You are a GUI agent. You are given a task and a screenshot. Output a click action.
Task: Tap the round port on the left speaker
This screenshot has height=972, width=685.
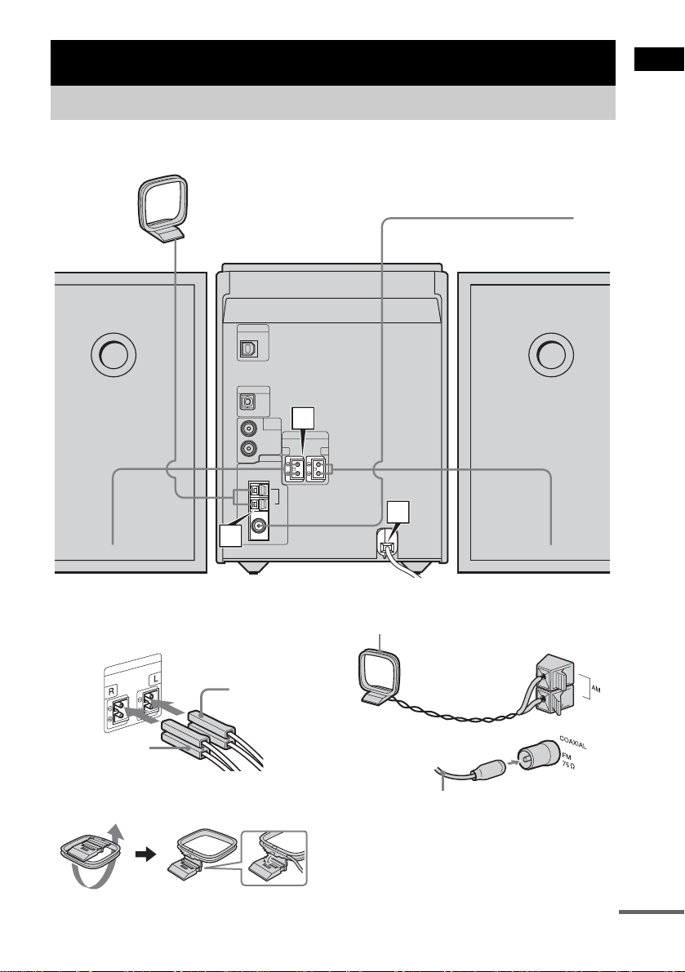[113, 354]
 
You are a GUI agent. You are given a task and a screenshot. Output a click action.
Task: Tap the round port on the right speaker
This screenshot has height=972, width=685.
[551, 354]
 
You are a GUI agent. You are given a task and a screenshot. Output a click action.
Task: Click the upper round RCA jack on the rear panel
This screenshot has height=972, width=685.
[249, 428]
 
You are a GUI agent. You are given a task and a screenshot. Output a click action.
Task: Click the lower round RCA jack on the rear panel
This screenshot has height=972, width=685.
[249, 448]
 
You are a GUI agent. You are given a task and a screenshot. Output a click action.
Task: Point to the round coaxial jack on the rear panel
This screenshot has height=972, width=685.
[257, 528]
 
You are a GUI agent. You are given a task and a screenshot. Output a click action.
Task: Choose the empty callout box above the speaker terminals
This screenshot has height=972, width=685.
[303, 418]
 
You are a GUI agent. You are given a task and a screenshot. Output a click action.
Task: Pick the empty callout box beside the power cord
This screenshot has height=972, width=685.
[398, 513]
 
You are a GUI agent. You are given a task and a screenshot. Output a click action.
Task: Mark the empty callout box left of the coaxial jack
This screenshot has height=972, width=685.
[230, 535]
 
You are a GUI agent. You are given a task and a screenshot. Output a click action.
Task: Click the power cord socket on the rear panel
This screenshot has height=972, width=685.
[386, 545]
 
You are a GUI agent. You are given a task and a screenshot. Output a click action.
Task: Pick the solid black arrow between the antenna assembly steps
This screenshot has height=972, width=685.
[145, 854]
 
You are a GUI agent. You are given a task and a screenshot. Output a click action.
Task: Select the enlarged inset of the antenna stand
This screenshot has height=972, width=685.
[274, 858]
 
